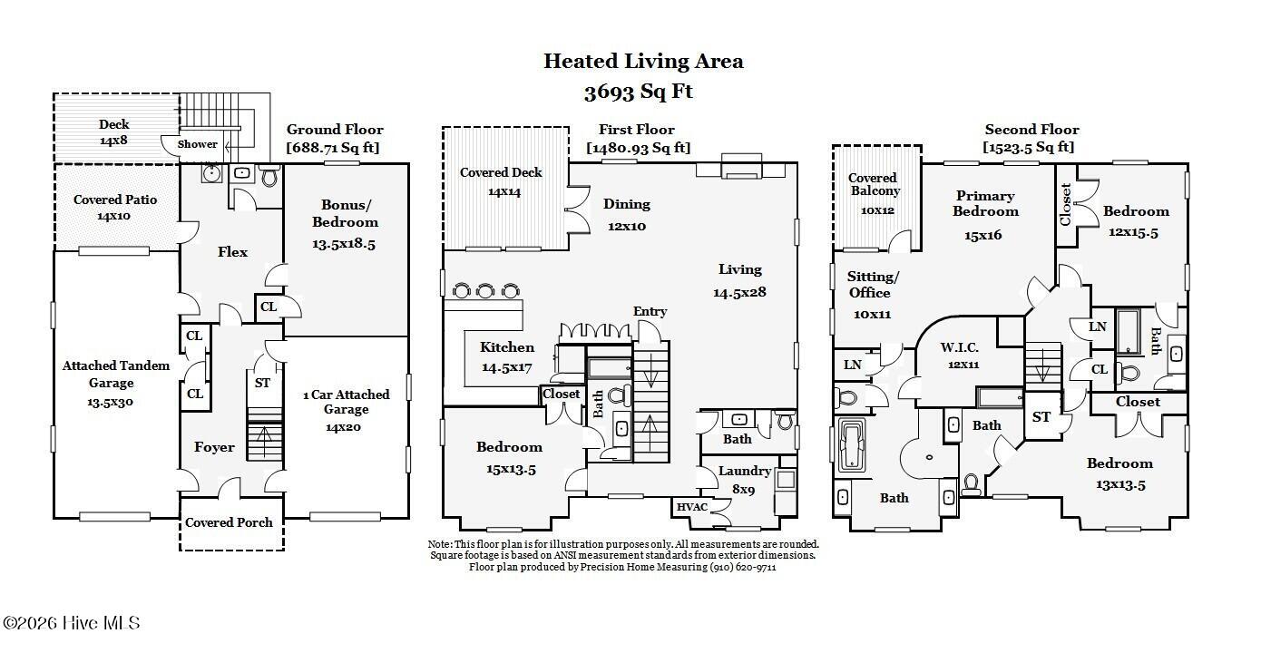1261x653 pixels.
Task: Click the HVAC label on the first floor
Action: [x=692, y=507]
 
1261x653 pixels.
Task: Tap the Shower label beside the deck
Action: [x=197, y=144]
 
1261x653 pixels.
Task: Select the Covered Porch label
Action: [x=229, y=522]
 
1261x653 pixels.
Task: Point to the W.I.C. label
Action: [x=959, y=347]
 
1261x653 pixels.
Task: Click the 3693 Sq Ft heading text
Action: [x=639, y=92]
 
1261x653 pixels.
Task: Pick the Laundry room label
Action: [x=745, y=472]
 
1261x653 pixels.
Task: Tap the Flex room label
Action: [x=232, y=251]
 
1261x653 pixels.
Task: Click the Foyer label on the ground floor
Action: [x=214, y=447]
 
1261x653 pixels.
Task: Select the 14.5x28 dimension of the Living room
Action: [x=739, y=292]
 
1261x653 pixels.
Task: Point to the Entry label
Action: [x=650, y=311]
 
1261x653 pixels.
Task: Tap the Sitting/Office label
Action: [x=873, y=284]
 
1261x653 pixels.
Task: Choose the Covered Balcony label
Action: [x=875, y=184]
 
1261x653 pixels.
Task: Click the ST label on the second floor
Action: [x=1041, y=417]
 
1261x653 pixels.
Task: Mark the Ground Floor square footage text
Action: [x=333, y=148]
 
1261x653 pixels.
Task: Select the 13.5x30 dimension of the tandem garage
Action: [x=111, y=402]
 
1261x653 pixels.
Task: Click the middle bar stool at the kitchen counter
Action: [x=485, y=290]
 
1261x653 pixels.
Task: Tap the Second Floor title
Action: [x=1031, y=130]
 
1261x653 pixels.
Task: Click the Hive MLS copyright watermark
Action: [x=72, y=623]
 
